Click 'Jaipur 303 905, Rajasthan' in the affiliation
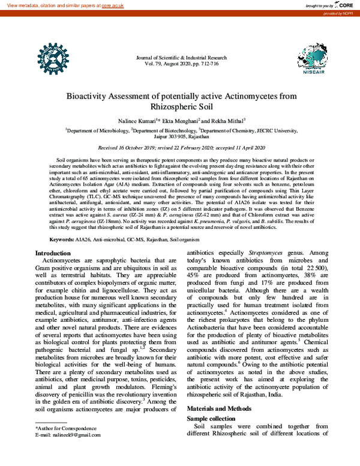(x=180, y=136)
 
